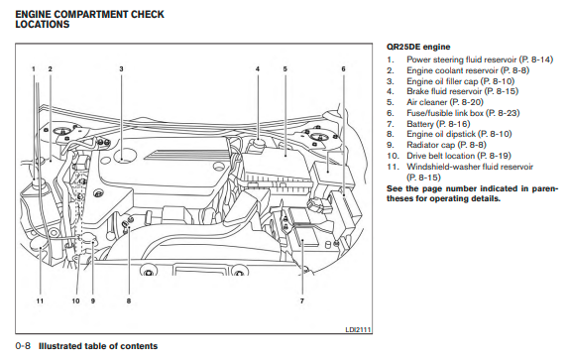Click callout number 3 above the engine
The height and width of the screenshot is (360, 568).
pyautogui.click(x=121, y=68)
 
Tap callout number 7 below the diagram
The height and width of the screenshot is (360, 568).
pyautogui.click(x=302, y=300)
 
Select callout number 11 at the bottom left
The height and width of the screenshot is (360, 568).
pyautogui.click(x=40, y=300)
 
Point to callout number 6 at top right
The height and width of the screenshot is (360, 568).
pyautogui.click(x=343, y=68)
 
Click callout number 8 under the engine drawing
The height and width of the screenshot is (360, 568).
pyautogui.click(x=129, y=300)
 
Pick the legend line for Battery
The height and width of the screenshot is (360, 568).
pyautogui.click(x=428, y=124)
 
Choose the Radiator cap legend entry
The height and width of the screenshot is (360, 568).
pyautogui.click(x=436, y=145)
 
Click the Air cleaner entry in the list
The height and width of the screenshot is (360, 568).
pyautogui.click(x=435, y=102)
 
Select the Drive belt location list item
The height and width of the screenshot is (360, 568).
pyautogui.click(x=449, y=156)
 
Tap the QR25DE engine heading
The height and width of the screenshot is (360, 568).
pyautogui.click(x=418, y=47)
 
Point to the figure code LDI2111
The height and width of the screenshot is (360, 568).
pyautogui.click(x=358, y=329)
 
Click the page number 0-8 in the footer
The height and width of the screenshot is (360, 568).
pyautogui.click(x=23, y=346)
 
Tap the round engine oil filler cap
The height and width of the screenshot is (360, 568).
pyautogui.click(x=125, y=156)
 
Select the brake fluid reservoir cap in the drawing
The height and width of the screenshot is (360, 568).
pyautogui.click(x=258, y=142)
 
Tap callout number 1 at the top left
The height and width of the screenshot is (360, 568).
pyautogui.click(x=34, y=68)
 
